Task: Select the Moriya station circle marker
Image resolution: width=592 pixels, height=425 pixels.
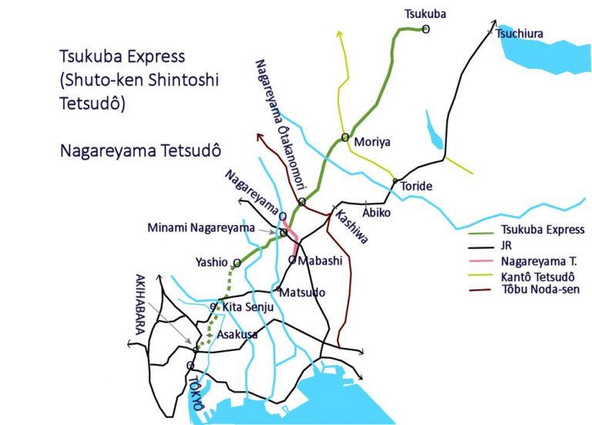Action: pos(345,138)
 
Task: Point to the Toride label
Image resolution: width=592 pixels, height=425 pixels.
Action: pos(417,187)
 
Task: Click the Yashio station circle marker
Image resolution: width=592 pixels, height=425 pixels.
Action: pos(236,263)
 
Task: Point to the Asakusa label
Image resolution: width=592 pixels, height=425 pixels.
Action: pos(235,335)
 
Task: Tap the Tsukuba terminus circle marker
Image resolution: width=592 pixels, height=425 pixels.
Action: pos(425,29)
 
